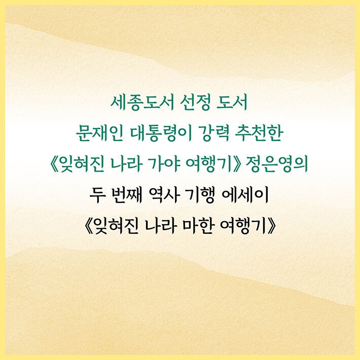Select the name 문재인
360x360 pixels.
(100, 133)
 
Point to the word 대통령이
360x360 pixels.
(161, 133)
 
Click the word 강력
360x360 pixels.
(213, 133)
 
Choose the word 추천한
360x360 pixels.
(259, 133)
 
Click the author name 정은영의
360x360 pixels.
(276, 165)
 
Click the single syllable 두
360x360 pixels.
(97, 195)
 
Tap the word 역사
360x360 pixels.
(163, 195)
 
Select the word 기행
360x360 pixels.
(199, 195)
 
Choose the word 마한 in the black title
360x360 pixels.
(197, 226)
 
